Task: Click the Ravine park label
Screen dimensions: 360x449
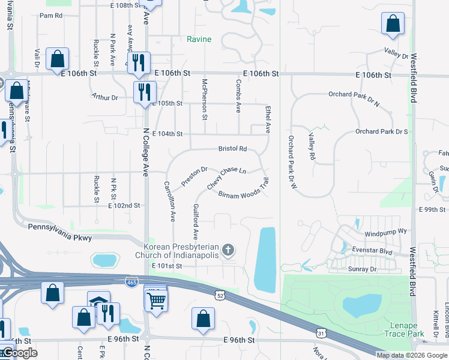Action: pyautogui.click(x=199, y=40)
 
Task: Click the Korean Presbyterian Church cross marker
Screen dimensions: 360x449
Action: pyautogui.click(x=228, y=249)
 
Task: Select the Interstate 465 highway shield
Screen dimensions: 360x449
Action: pyautogui.click(x=131, y=282)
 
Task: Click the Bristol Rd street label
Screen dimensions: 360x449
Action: pyautogui.click(x=232, y=149)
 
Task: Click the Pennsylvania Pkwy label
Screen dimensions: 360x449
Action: pyautogui.click(x=60, y=239)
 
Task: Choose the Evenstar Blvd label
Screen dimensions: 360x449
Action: pyautogui.click(x=373, y=253)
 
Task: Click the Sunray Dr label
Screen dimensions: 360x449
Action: pyautogui.click(x=362, y=269)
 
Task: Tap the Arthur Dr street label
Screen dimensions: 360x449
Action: pyautogui.click(x=105, y=97)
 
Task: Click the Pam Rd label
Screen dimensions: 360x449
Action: pyautogui.click(x=51, y=16)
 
